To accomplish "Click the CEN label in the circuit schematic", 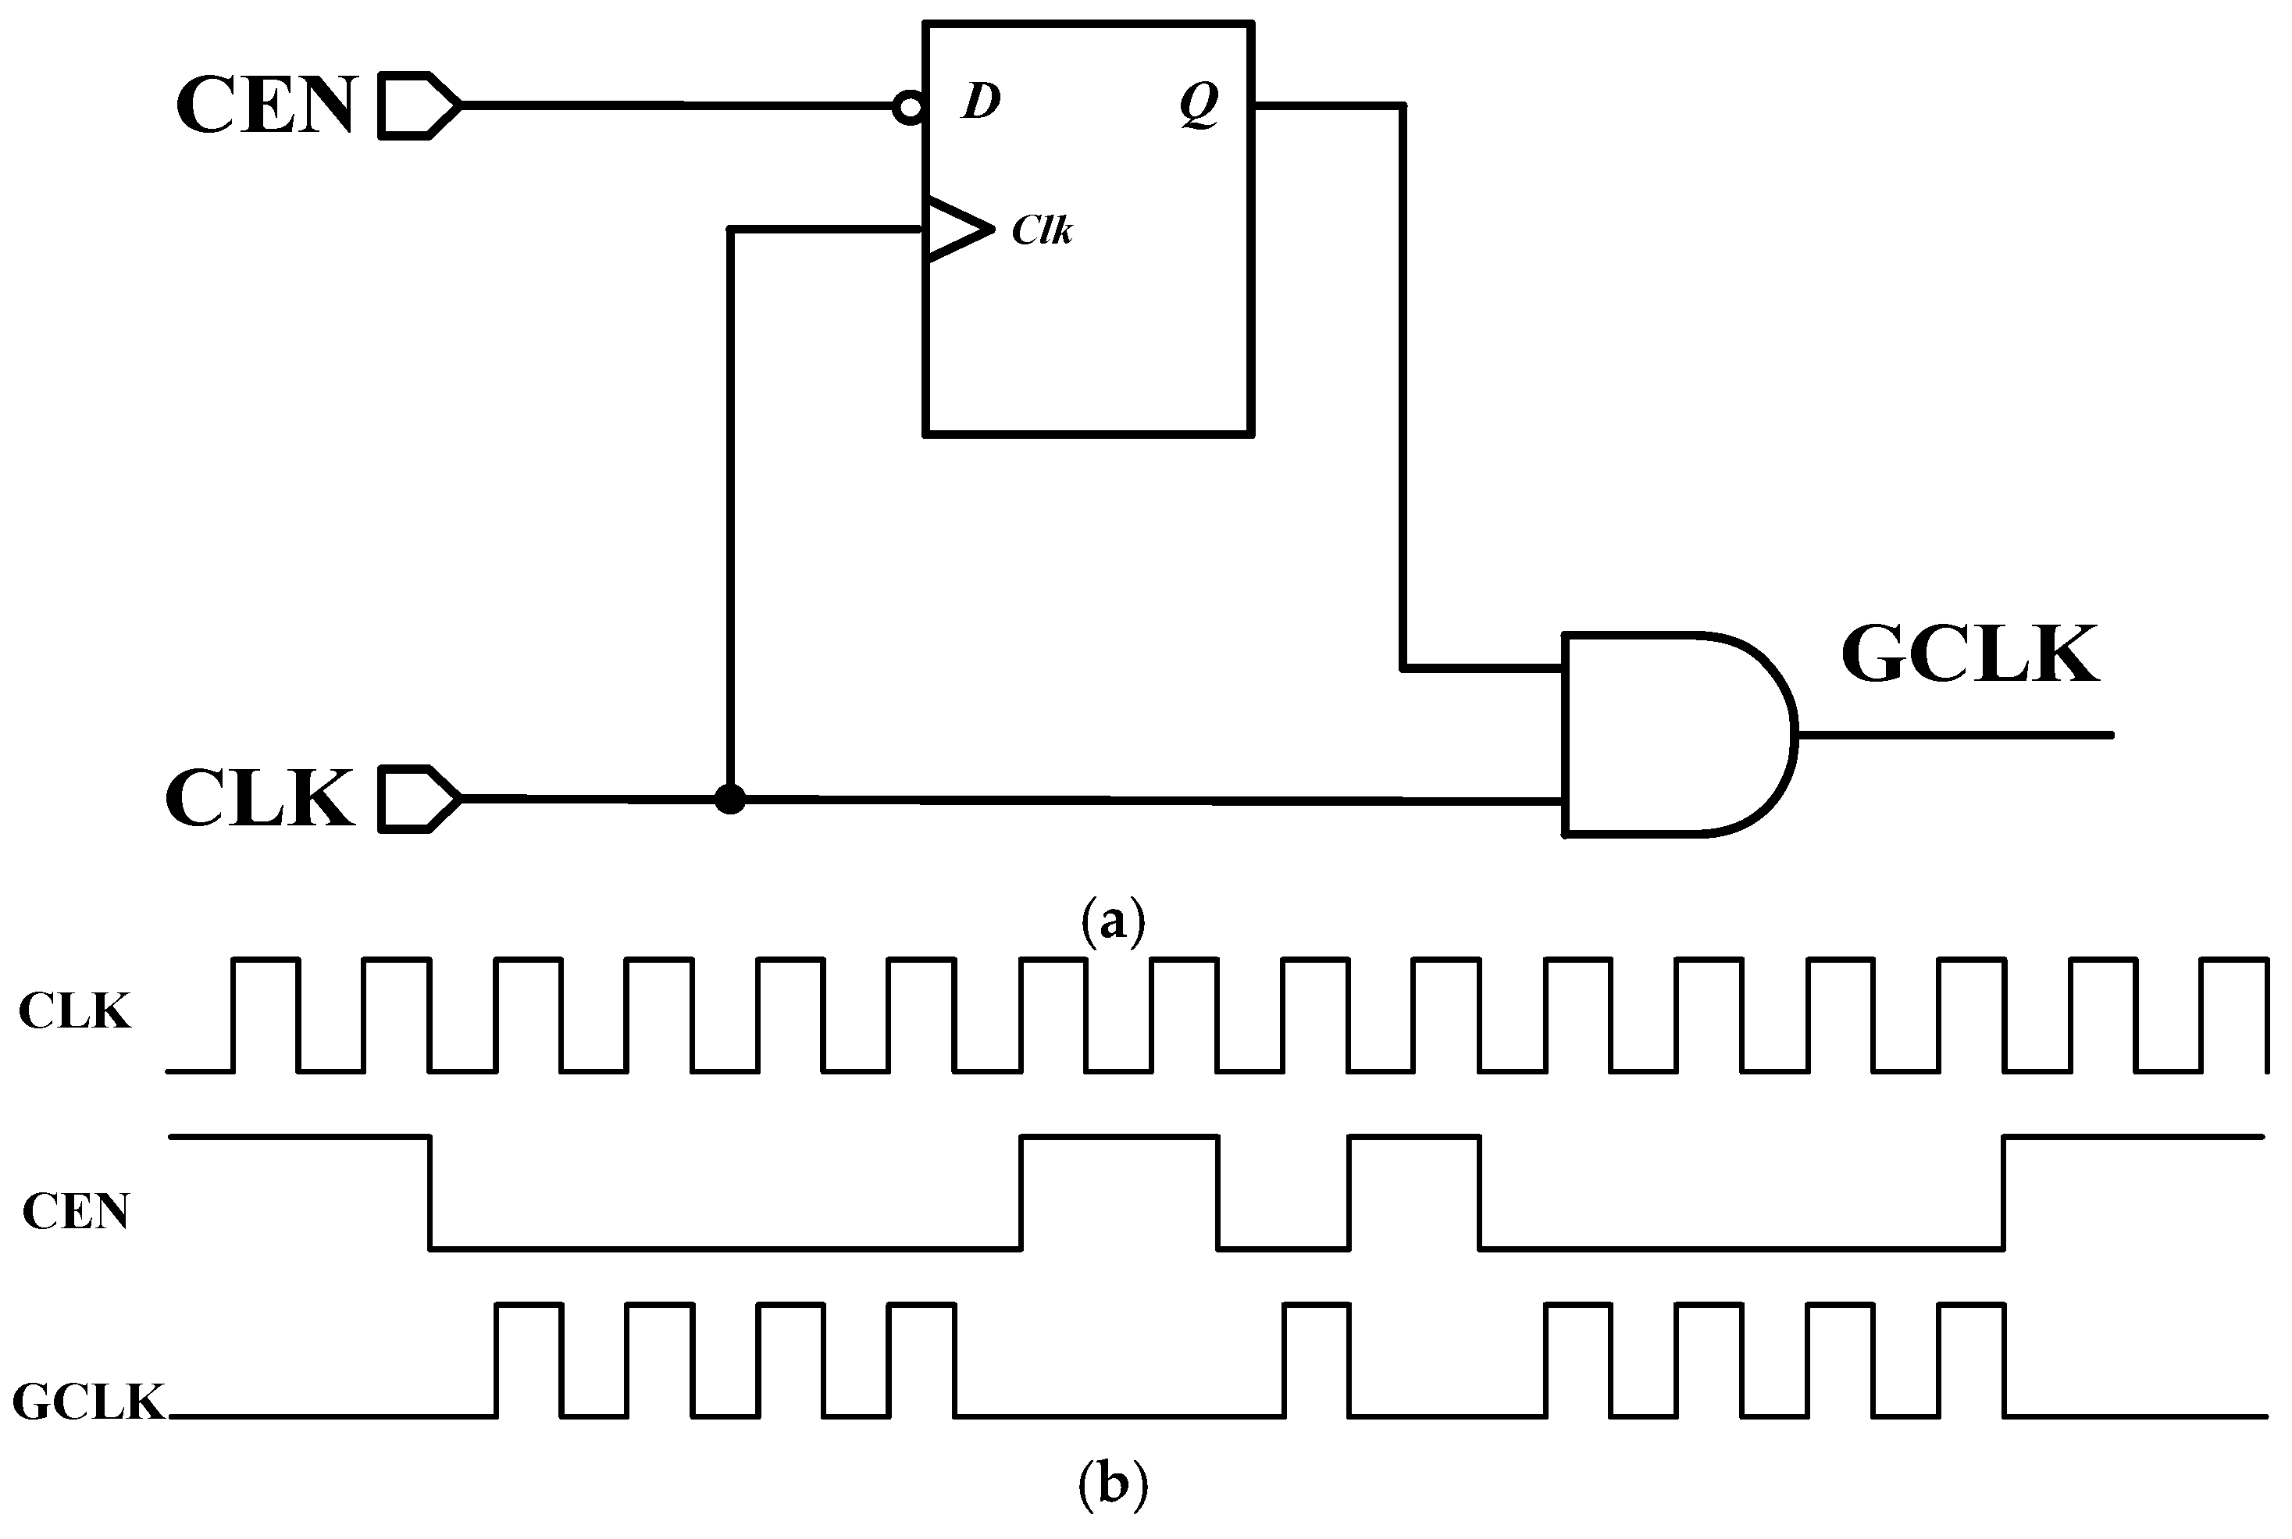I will pos(265,105).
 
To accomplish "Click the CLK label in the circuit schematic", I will pos(260,799).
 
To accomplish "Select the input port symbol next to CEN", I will pos(418,105).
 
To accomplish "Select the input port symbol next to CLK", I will pos(418,799).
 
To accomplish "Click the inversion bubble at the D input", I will pos(909,108).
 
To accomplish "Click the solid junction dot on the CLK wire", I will pos(729,799).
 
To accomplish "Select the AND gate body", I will pos(1669,734).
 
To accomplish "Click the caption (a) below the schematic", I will pos(1112,921).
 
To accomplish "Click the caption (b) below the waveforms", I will pos(1112,1484).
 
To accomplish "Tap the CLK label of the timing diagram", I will pos(75,1012).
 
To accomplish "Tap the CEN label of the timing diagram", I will pos(76,1212).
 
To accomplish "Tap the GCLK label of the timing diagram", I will pos(88,1402).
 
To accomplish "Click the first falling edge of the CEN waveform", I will pos(430,1192).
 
